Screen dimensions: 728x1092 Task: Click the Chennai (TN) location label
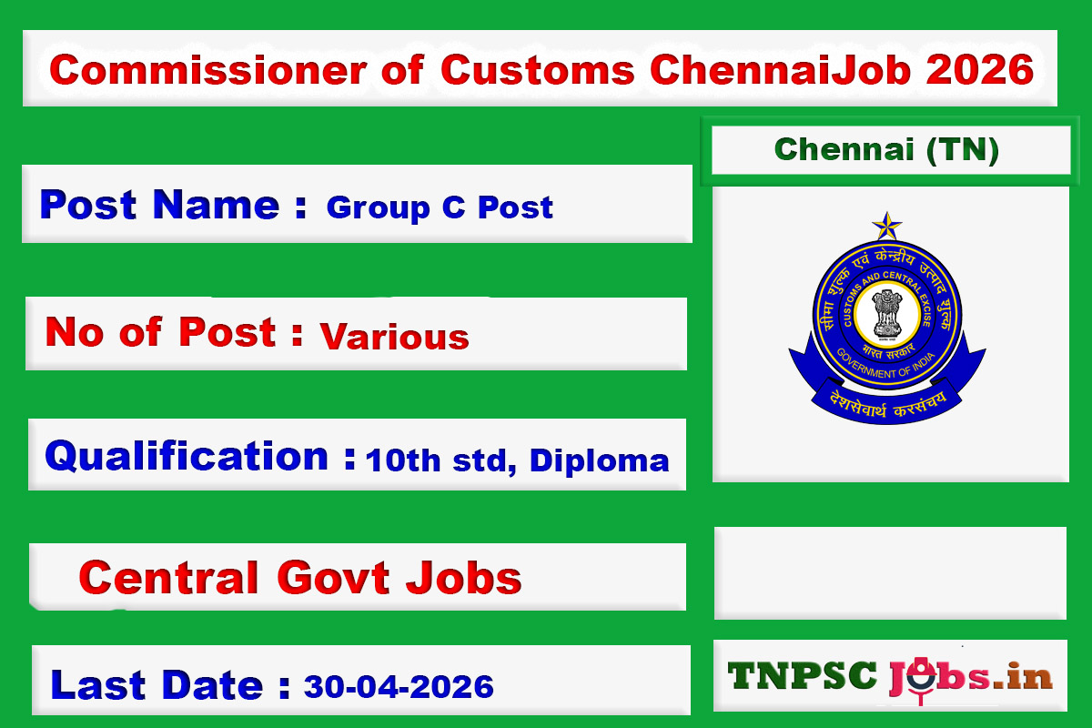[887, 149]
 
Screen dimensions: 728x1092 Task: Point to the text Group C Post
[440, 207]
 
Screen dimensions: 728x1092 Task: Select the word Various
[394, 337]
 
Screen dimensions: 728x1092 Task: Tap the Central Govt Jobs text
[300, 577]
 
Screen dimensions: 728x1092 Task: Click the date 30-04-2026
[399, 685]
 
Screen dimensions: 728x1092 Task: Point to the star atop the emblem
[886, 225]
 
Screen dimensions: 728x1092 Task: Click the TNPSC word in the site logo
[804, 675]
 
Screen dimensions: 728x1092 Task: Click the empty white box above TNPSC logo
[889, 572]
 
